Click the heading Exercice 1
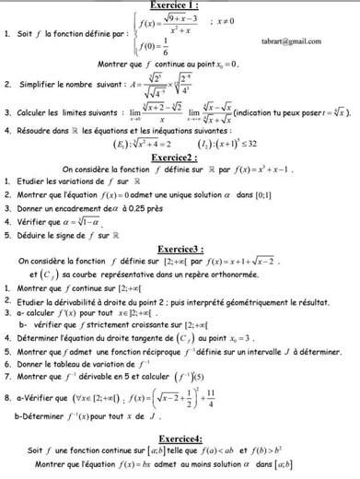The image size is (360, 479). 180,6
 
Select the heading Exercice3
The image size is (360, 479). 180,248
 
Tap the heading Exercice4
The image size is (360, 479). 180,438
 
